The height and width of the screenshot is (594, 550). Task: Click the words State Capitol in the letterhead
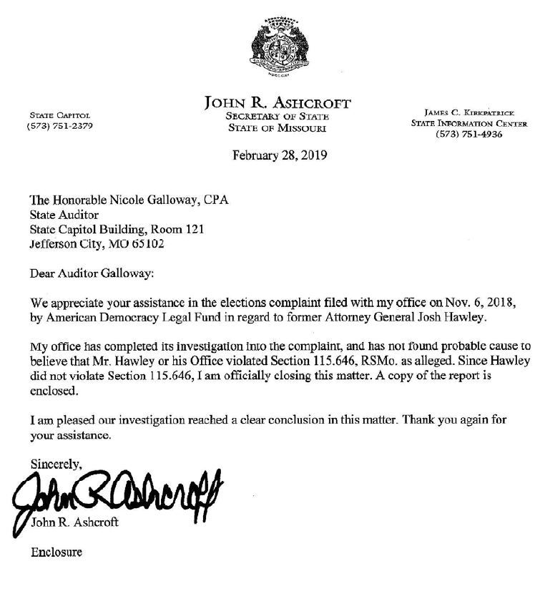coord(59,115)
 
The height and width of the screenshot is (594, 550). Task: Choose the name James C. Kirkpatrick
coord(468,112)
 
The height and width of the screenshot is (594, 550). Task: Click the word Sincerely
coord(56,465)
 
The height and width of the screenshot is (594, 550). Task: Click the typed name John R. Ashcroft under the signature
coord(76,522)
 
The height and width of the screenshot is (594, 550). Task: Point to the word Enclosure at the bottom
coord(56,552)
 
